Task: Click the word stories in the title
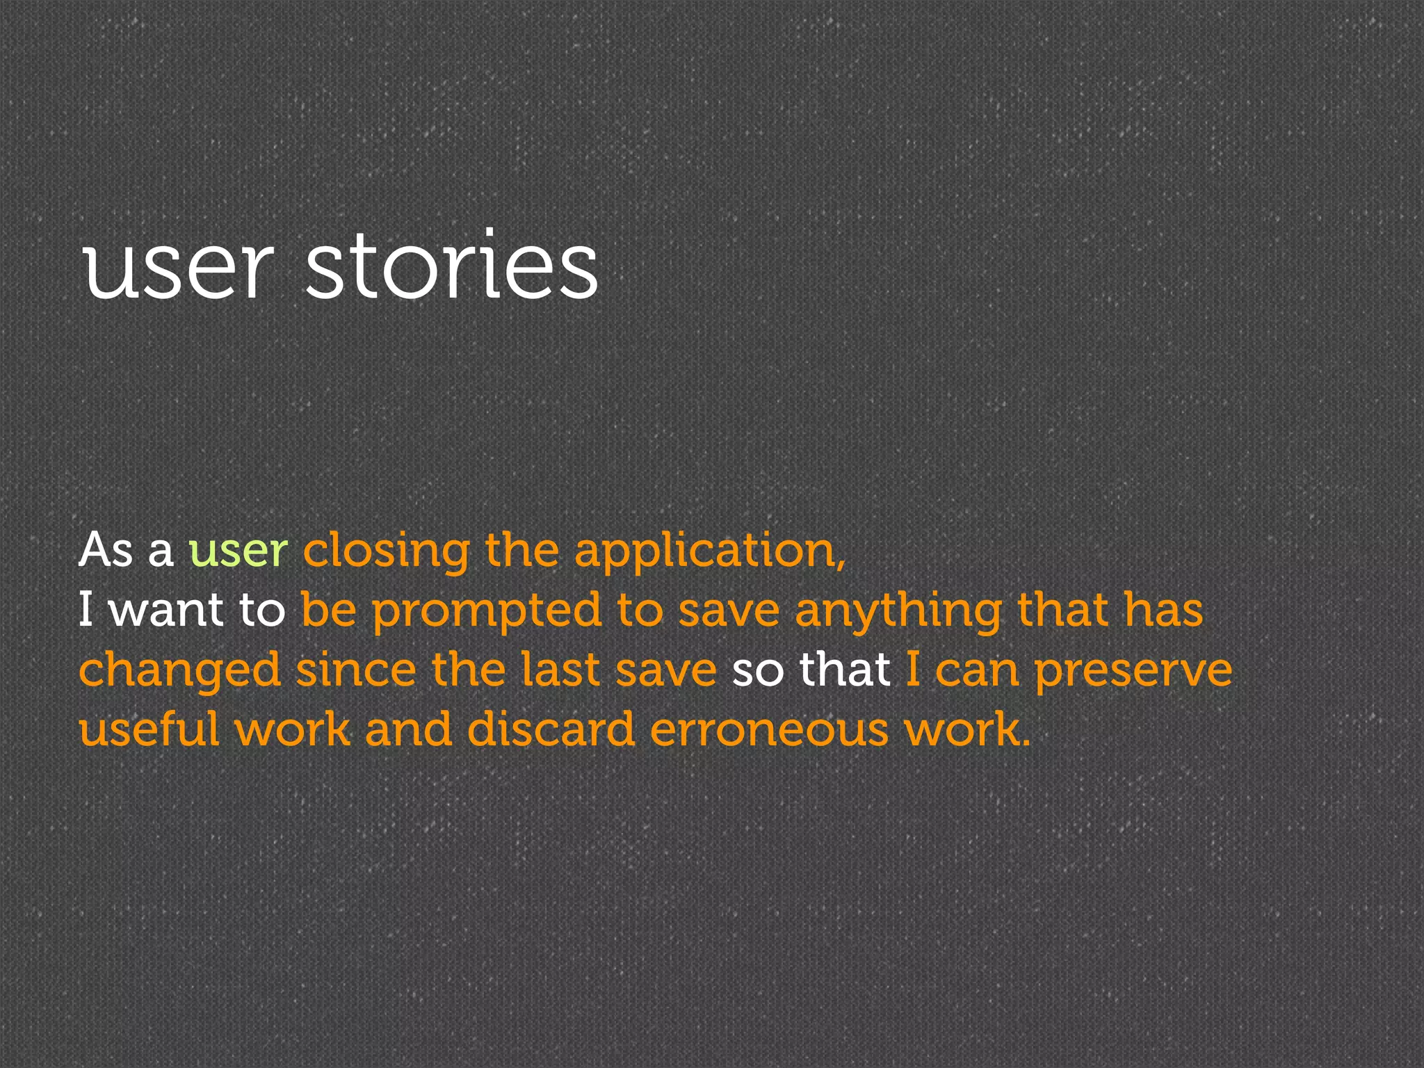click(x=452, y=266)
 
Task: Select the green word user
click(x=238, y=551)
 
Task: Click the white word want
click(x=166, y=610)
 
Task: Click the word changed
click(x=179, y=672)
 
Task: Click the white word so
click(x=757, y=672)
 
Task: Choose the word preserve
click(x=1133, y=672)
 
